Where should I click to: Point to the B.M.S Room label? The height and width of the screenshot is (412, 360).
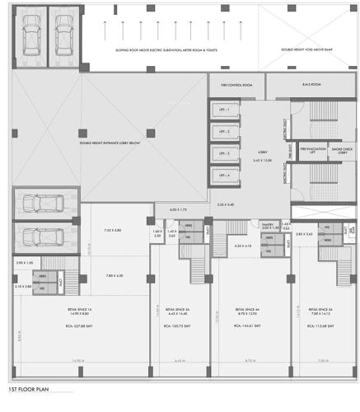click(311, 85)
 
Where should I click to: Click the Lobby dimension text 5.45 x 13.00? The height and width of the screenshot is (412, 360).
click(261, 160)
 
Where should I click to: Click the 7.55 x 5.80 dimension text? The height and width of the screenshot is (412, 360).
click(112, 231)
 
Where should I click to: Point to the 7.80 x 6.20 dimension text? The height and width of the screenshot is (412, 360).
click(112, 275)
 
